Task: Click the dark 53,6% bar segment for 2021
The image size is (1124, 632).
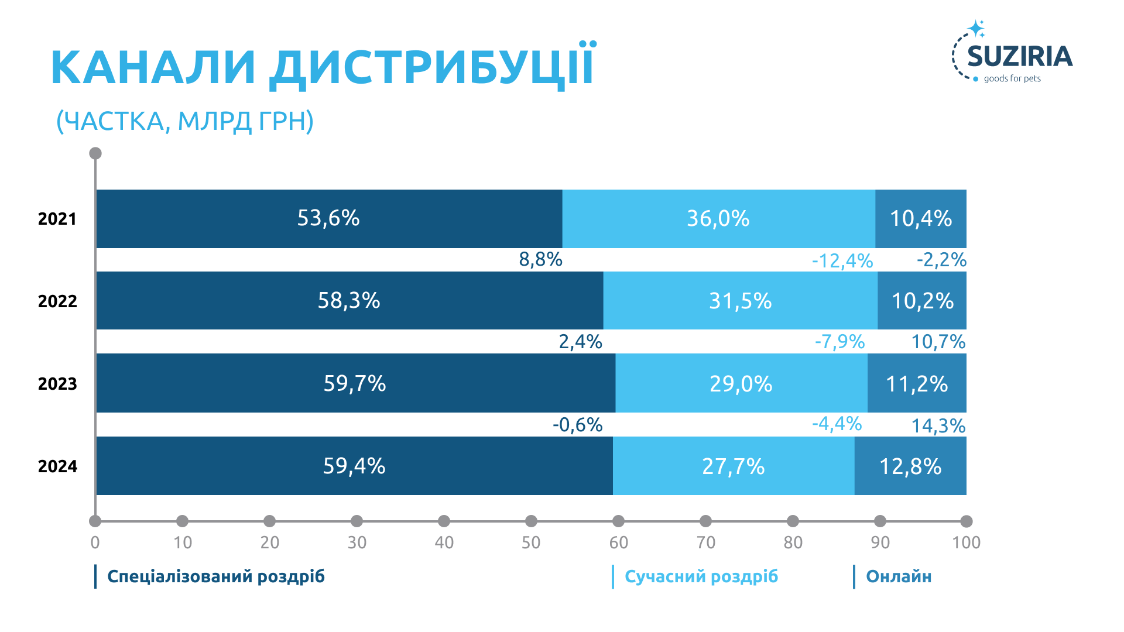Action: pos(328,218)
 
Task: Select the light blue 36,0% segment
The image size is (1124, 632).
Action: pos(718,218)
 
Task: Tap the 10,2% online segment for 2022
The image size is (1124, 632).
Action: pos(922,301)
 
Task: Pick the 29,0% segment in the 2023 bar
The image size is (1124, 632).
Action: pos(741,383)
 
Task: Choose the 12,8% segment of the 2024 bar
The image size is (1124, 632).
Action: pos(910,466)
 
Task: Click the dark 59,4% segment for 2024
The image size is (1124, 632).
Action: pos(354,466)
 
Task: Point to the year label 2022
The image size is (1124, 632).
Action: pos(57,301)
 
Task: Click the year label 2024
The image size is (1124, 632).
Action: pos(57,466)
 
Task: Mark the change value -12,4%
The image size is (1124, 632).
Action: pos(842,260)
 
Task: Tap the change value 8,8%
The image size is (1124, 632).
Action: pos(540,259)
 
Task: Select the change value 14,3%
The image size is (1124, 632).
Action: pos(938,425)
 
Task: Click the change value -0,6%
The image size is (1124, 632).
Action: pos(577,424)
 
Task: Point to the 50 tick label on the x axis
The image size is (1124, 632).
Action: pos(531,542)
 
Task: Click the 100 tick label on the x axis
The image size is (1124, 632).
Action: pos(966,542)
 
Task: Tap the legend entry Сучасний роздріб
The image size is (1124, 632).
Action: pos(701,576)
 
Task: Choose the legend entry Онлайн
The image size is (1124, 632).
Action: pos(899,576)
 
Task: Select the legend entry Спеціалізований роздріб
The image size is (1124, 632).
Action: pos(215,576)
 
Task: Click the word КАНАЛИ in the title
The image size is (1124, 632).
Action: pos(153,68)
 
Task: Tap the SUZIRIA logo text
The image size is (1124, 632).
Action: pos(1019,57)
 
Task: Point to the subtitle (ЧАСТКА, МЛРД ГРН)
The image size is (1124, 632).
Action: pos(185,121)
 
